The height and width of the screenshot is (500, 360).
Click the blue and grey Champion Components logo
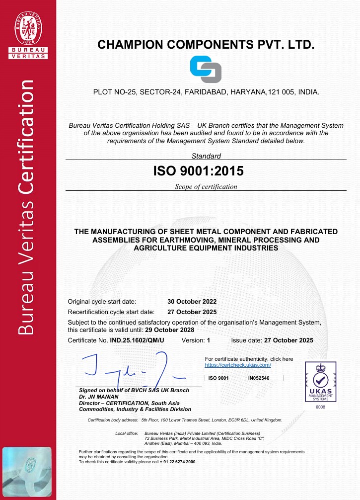pos(206,70)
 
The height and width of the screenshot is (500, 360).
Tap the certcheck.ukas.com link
pos(238,365)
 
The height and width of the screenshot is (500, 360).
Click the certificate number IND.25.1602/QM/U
pos(137,340)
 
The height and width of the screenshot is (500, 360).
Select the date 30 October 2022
pos(192,301)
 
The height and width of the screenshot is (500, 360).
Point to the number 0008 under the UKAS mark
pos(320,407)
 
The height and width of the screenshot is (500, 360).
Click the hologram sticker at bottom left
pos(27,472)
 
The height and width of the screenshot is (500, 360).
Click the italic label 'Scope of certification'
pos(206,187)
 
